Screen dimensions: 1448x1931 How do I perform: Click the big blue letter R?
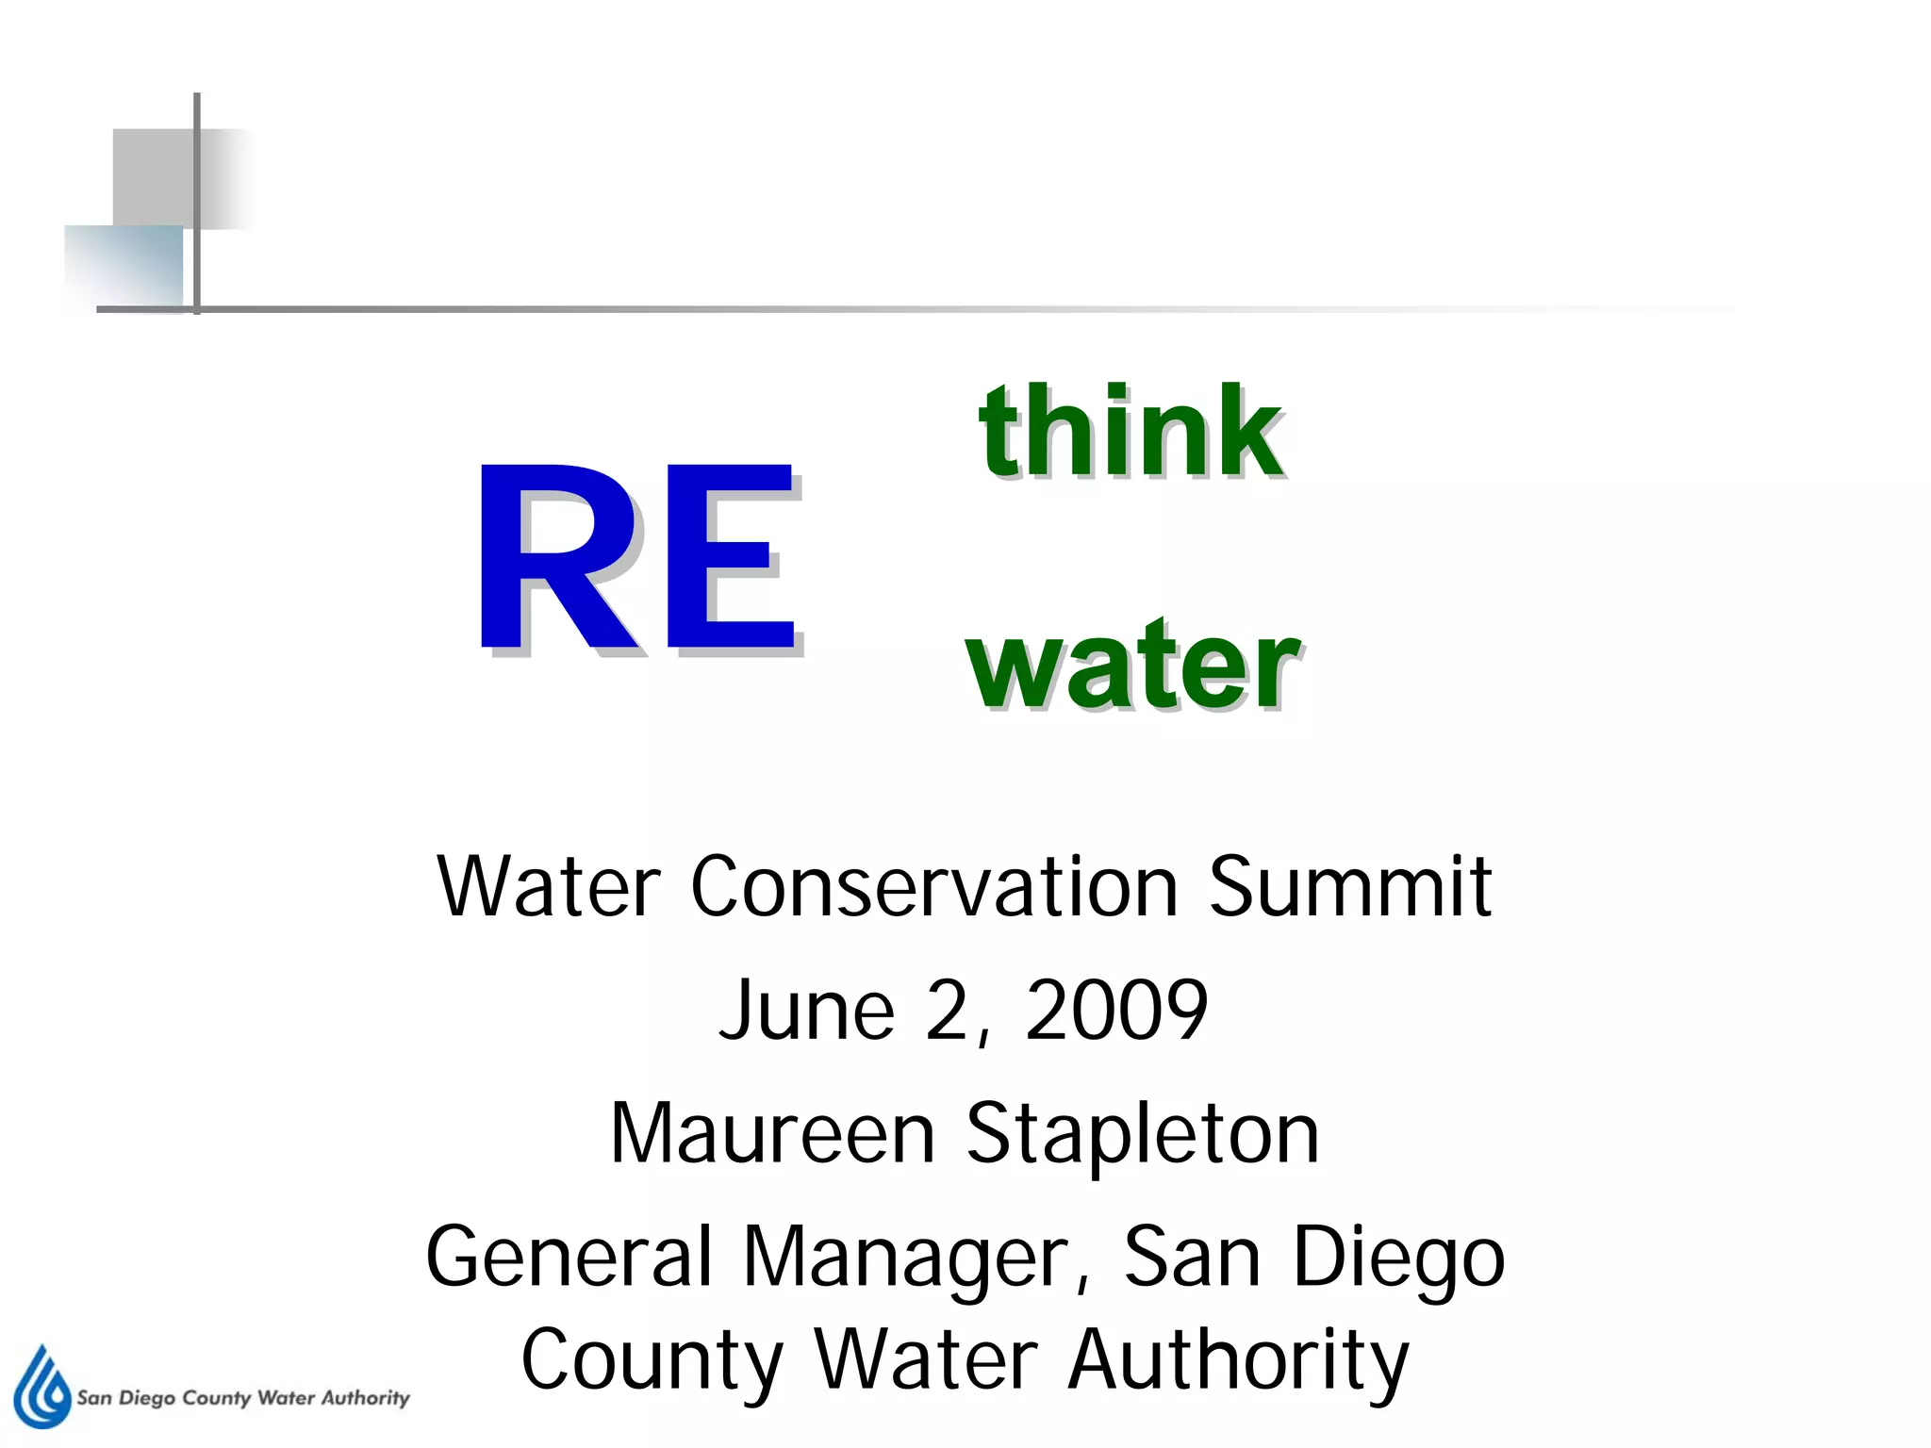556,558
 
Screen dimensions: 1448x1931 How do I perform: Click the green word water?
1134,666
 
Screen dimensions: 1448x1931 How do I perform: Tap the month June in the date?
806,1011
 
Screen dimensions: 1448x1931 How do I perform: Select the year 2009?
1116,1011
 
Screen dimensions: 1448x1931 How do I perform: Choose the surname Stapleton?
1143,1135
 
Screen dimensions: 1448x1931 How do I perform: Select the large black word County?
652,1361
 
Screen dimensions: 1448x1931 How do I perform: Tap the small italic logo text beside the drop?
243,1397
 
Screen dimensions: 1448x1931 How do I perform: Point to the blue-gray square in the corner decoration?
124,267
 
